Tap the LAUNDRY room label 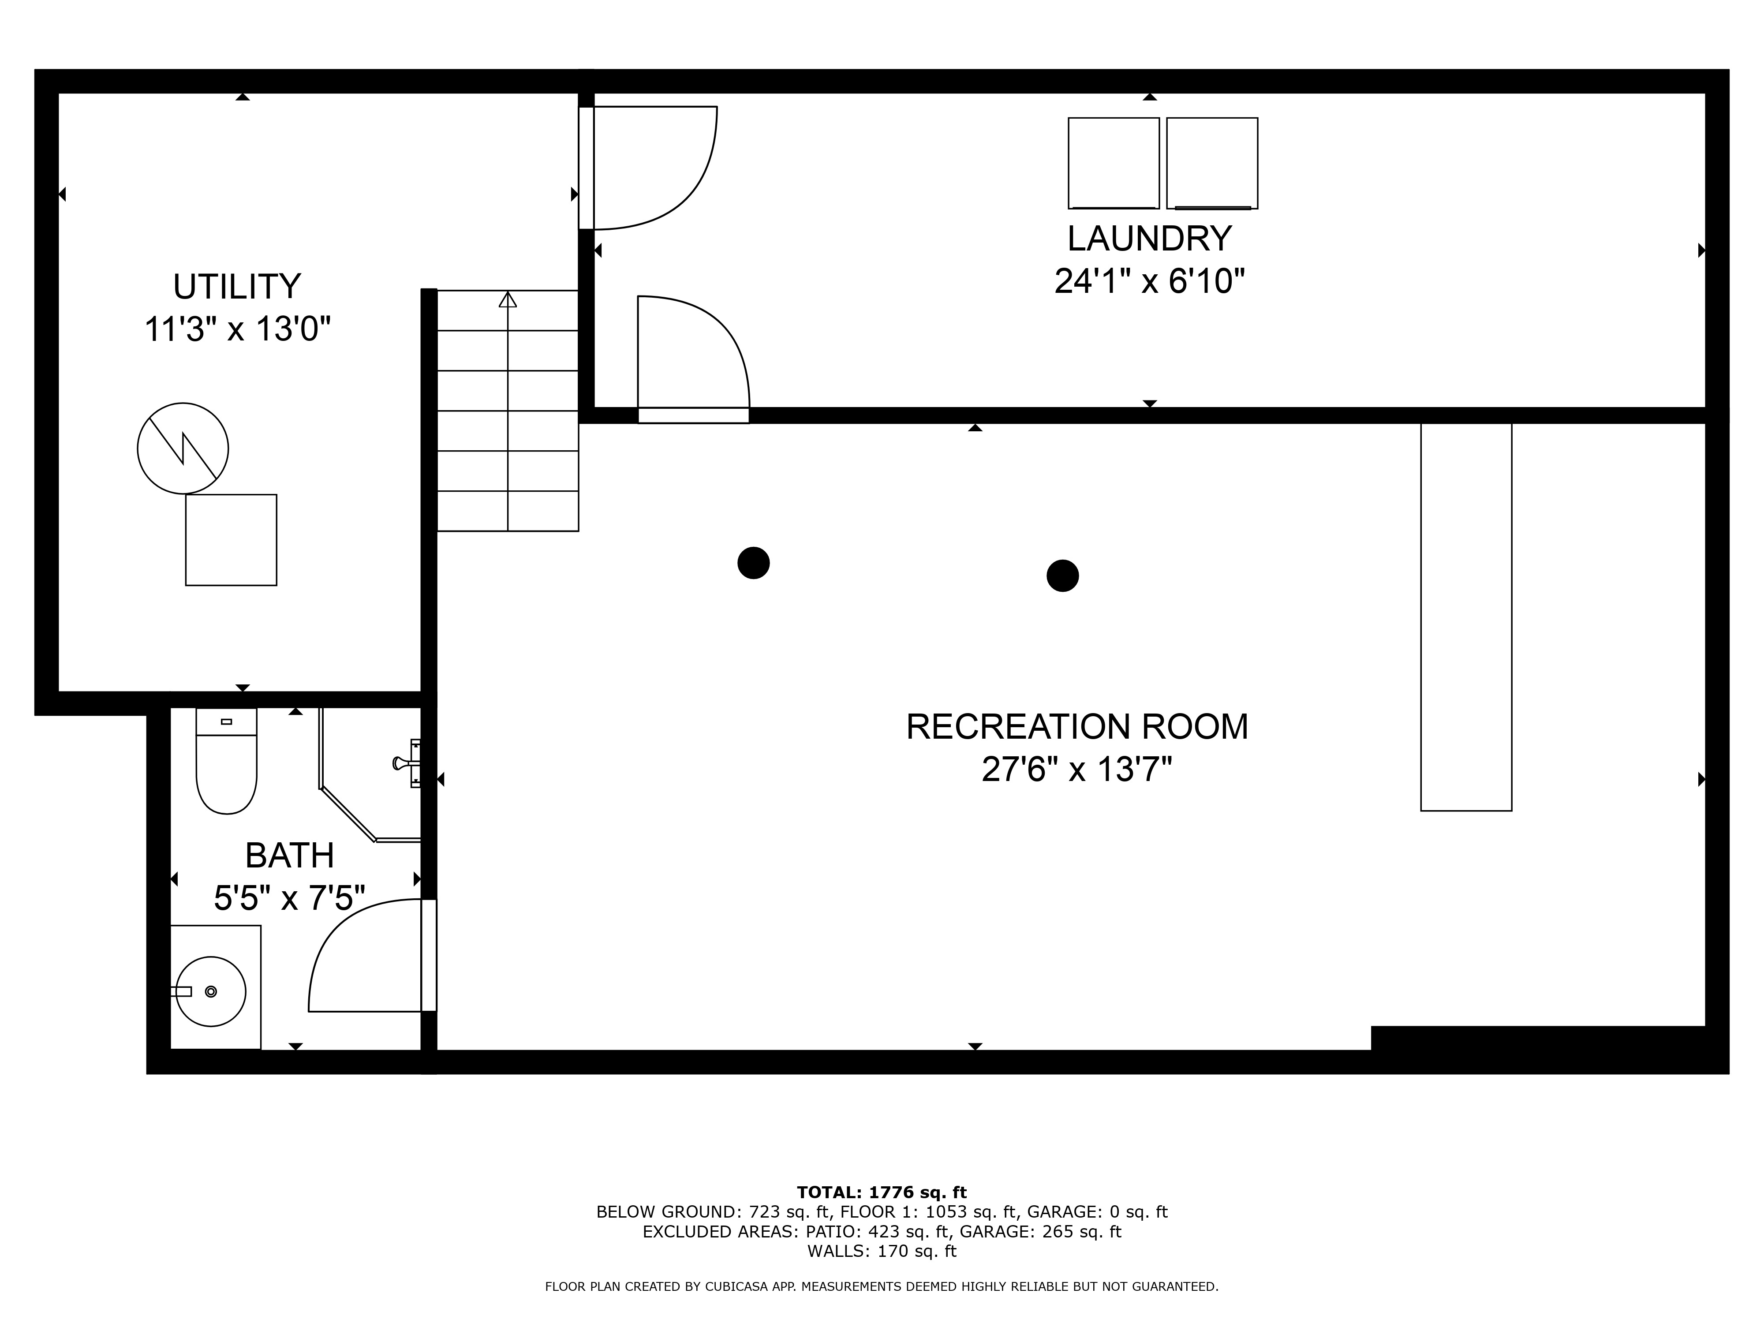pos(1149,239)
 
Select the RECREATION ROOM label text pos(1076,726)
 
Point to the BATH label pos(289,856)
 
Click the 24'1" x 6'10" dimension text pos(1149,281)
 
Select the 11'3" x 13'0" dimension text pos(237,329)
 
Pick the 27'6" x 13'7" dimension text pos(1076,770)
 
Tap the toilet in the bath pos(227,763)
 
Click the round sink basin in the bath pos(210,991)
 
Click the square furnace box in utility pos(231,540)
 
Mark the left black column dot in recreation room pos(754,563)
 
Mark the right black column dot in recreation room pos(1062,575)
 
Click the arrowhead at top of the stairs pos(508,300)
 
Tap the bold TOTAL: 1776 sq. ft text pos(881,1192)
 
